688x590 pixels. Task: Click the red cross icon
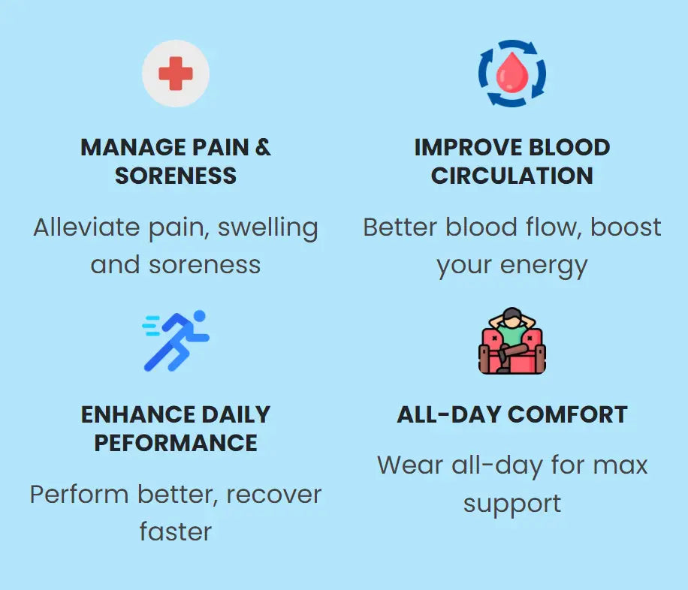click(x=176, y=74)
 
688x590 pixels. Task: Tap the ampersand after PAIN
click(x=262, y=147)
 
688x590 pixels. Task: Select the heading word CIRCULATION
click(x=512, y=176)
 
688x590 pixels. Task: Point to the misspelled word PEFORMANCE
click(x=176, y=443)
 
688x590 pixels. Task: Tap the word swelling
click(x=267, y=227)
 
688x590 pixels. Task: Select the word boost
click(x=626, y=227)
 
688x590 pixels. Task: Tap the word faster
click(x=176, y=532)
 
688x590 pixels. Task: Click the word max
click(x=620, y=465)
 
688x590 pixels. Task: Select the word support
click(x=512, y=504)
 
